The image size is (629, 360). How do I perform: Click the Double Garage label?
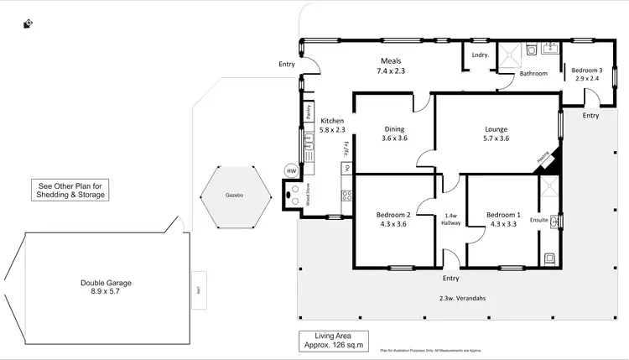(x=106, y=287)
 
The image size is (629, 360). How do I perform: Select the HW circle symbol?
(x=291, y=171)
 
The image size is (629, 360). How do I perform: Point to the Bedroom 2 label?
(x=393, y=220)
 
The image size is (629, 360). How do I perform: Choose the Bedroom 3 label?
(x=587, y=75)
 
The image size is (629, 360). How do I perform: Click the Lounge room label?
(x=496, y=133)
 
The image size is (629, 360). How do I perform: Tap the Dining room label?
(x=394, y=133)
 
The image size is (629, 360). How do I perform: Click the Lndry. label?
(x=480, y=55)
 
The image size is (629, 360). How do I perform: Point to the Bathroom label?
(x=533, y=74)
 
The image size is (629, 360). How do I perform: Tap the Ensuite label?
(x=538, y=220)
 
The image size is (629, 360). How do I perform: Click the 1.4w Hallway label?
(x=450, y=220)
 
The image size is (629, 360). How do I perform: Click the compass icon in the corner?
(x=29, y=23)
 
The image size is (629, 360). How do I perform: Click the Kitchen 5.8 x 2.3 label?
(x=333, y=126)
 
